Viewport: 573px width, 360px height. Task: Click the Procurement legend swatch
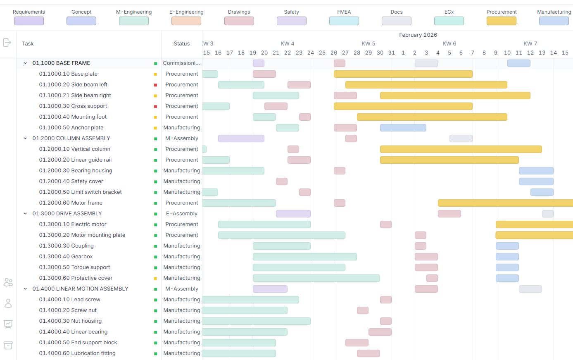point(501,21)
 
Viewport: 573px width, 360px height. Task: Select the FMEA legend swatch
point(344,21)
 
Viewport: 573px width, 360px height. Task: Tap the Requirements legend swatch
point(29,21)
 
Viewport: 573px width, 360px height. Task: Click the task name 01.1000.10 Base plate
point(68,74)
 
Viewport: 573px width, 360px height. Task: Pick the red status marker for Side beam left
point(156,85)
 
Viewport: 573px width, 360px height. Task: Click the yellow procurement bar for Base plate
point(403,74)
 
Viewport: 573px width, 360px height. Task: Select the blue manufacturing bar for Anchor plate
point(403,128)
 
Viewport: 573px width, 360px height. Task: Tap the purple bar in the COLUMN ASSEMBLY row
point(241,138)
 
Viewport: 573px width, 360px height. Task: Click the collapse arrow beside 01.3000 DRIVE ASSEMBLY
point(25,214)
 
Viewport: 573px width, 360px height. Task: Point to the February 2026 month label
point(418,35)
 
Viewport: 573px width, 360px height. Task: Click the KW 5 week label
point(368,43)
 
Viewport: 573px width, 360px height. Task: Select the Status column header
point(181,43)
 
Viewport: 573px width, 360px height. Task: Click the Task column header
point(28,43)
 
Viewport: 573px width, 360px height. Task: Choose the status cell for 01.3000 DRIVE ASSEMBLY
point(181,214)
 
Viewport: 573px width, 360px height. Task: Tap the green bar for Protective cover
point(316,278)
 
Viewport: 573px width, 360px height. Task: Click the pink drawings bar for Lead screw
point(385,300)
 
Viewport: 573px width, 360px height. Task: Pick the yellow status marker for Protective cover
point(156,278)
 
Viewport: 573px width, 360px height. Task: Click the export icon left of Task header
point(7,43)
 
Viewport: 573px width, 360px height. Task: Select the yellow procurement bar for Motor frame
point(505,203)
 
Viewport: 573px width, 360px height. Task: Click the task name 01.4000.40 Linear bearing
point(73,332)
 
